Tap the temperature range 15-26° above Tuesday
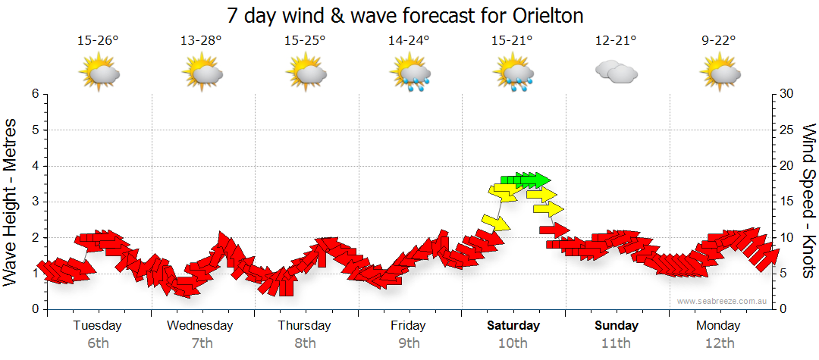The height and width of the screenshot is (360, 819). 99,40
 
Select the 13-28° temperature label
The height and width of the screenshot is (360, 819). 202,40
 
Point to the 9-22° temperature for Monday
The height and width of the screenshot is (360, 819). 719,40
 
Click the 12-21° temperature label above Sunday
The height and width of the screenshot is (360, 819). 616,40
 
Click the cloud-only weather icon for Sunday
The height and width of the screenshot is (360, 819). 616,72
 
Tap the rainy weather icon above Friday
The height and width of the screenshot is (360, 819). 409,74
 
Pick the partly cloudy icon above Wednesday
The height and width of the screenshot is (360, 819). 202,74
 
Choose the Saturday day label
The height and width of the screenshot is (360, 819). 513,326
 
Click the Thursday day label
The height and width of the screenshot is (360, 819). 305,326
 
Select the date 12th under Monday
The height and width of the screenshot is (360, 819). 719,343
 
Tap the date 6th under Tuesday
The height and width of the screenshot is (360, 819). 99,343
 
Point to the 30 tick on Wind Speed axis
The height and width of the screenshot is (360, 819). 786,94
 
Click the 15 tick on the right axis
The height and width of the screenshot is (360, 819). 786,202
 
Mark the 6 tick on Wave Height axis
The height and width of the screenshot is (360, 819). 35,94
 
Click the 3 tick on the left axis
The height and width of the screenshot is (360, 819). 35,202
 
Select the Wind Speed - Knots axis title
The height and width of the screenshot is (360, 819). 808,202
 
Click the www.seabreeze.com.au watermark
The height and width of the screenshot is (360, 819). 723,301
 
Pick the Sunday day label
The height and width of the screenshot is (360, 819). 616,326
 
